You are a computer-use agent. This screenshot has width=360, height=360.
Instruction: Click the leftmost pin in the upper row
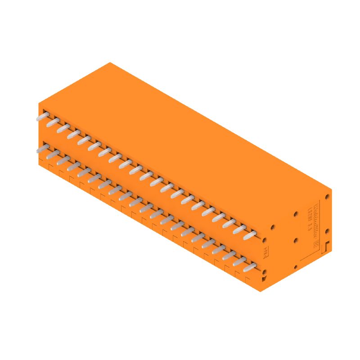[x=42, y=117]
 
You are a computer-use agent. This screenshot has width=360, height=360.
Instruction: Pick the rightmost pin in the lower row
[x=250, y=267]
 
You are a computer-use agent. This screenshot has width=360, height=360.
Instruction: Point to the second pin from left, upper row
[x=52, y=122]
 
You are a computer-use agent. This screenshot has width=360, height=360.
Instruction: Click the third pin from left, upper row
[x=62, y=128]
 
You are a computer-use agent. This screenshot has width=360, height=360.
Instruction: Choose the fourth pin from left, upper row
[x=72, y=134]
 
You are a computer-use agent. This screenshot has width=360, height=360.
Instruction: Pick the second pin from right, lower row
[x=239, y=261]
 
